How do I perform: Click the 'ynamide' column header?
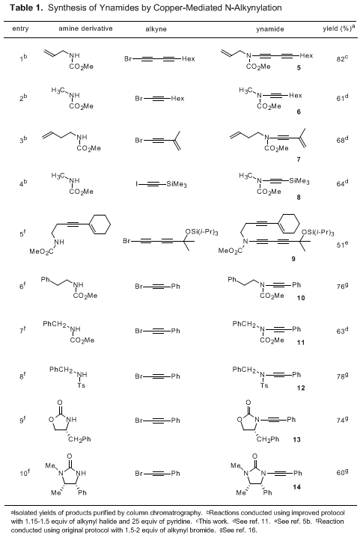[269, 29]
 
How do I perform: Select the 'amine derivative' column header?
[85, 28]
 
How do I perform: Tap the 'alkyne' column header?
[156, 29]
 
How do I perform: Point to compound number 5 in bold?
[299, 67]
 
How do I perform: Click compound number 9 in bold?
[293, 259]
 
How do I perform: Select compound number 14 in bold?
[297, 487]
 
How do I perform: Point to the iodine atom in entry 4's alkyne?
[136, 184]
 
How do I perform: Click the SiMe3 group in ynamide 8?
[299, 181]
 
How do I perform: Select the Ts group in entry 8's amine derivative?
[82, 385]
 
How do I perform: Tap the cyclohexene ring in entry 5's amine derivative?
[100, 224]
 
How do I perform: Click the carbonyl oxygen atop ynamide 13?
[248, 403]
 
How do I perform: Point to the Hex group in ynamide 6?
[295, 95]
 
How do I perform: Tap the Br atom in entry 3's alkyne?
[138, 141]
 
